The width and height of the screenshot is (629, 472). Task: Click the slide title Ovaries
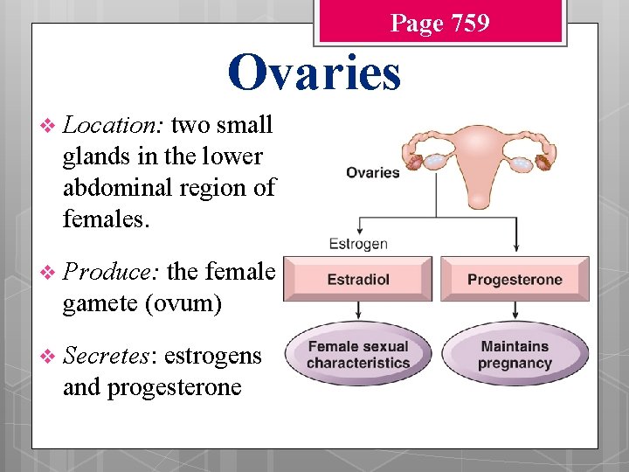coord(314,73)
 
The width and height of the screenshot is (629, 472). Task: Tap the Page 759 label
coord(439,23)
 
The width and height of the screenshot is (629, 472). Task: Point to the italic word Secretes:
coord(109,356)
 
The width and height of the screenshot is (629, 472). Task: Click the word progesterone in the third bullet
coord(174,386)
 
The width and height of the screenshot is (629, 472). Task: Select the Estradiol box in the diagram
coord(358,280)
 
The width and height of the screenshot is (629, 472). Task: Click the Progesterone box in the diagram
coord(515,280)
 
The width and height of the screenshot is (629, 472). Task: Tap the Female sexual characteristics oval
coord(358,355)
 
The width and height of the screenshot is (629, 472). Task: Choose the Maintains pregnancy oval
coord(515,355)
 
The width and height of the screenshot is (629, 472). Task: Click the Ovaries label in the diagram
coord(372,172)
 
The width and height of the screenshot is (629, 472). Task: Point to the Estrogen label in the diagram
coord(358,244)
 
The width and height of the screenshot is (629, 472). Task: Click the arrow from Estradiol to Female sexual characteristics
coord(358,312)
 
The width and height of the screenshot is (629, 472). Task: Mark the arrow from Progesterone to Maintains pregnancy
coord(515,312)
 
